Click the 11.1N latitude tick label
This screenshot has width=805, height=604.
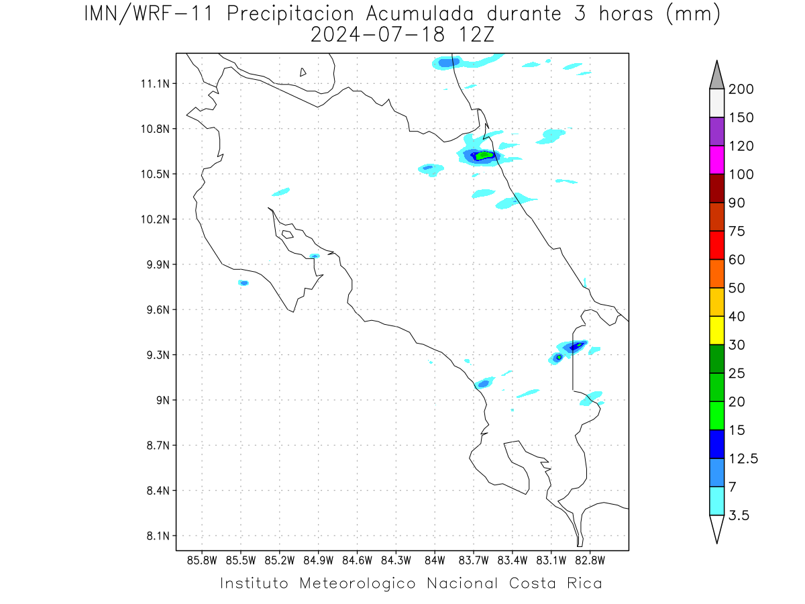pyautogui.click(x=155, y=84)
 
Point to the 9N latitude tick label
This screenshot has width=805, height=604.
pyautogui.click(x=163, y=400)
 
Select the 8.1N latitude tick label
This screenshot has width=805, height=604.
pyautogui.click(x=158, y=536)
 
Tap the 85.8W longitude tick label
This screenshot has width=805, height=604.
pyautogui.click(x=202, y=561)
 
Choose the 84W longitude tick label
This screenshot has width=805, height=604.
pyautogui.click(x=435, y=561)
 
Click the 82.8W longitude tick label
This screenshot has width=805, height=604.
pyautogui.click(x=590, y=561)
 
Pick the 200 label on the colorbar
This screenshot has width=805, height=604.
pyautogui.click(x=741, y=89)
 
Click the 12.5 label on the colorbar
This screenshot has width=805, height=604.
pyautogui.click(x=743, y=459)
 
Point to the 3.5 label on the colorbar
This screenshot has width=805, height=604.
pyautogui.click(x=739, y=515)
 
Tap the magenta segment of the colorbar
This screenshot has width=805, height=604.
pyautogui.click(x=716, y=160)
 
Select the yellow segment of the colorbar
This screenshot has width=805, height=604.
pyautogui.click(x=716, y=330)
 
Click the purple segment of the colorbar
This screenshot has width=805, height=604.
pyautogui.click(x=716, y=132)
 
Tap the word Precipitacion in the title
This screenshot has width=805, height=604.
pyautogui.click(x=290, y=15)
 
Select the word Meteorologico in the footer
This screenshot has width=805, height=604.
pyautogui.click(x=357, y=583)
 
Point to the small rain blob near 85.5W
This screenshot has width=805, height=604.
pyautogui.click(x=244, y=283)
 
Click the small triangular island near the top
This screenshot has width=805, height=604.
pyautogui.click(x=303, y=72)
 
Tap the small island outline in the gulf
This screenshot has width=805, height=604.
pyautogui.click(x=288, y=234)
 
